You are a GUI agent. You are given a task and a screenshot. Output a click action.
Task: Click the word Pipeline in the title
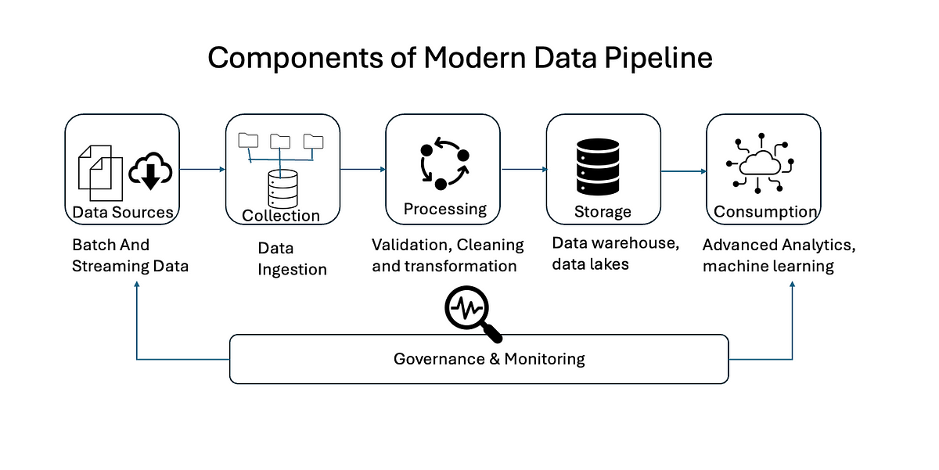[x=658, y=59]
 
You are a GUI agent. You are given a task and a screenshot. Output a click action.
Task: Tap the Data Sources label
[x=123, y=213]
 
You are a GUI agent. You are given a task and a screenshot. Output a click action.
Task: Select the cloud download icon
[x=150, y=171]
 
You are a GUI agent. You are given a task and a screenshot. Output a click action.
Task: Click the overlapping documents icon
[x=101, y=173]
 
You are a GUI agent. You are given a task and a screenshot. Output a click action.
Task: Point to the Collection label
[x=281, y=216]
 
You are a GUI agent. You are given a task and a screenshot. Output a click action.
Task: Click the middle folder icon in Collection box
[x=280, y=142]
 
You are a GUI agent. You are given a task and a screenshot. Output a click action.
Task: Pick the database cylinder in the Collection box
[x=283, y=189]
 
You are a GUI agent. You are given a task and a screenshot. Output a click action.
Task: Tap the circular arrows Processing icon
[x=444, y=163]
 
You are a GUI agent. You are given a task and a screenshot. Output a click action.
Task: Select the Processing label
[x=444, y=209]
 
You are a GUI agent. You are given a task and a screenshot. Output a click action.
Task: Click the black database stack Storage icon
[x=598, y=167]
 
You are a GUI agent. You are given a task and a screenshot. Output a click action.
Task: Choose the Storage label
[x=603, y=212]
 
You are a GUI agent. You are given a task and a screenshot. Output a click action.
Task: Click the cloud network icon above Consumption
[x=760, y=163]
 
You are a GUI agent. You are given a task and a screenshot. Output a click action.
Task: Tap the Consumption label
[x=765, y=212]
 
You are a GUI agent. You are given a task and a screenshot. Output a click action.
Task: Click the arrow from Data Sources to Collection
[x=203, y=169]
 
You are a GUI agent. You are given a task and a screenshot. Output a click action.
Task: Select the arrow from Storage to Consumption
[x=684, y=171]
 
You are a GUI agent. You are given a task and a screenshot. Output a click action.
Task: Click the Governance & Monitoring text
[x=489, y=359]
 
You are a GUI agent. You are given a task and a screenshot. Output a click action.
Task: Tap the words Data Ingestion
[x=292, y=259]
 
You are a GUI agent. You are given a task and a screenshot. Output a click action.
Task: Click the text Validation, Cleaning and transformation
[x=448, y=256]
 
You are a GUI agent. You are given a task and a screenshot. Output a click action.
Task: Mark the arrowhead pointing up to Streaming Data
[x=137, y=284]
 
